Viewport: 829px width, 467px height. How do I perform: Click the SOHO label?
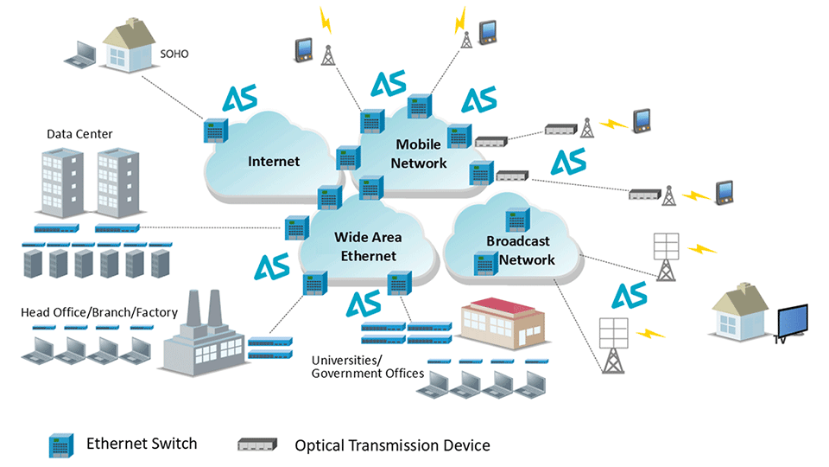(175, 54)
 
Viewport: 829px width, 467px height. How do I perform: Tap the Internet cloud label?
(274, 161)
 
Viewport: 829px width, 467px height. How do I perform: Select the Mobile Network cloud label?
(419, 153)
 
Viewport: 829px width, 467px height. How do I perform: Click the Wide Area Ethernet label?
(368, 246)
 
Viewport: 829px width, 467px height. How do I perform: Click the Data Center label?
(79, 134)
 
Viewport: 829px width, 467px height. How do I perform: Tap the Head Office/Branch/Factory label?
(99, 312)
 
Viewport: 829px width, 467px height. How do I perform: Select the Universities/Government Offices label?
(367, 366)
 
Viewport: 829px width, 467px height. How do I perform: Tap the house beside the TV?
(741, 314)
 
